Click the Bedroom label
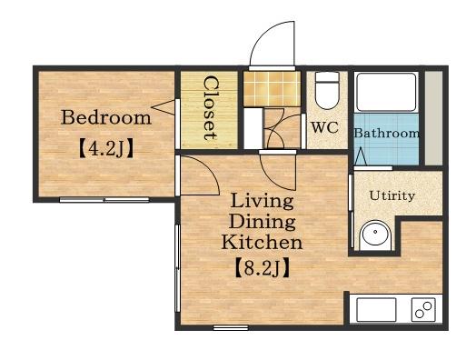click(x=106, y=117)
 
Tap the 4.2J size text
click(x=106, y=148)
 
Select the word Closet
click(x=211, y=107)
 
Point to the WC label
click(x=324, y=127)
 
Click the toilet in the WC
click(x=327, y=90)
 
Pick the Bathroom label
click(x=387, y=133)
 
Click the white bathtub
click(x=386, y=92)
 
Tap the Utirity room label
click(x=392, y=196)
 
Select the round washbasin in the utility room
click(x=375, y=234)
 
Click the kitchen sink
click(x=376, y=310)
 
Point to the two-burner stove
click(x=423, y=310)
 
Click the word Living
click(x=262, y=201)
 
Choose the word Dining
click(x=262, y=222)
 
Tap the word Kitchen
click(x=262, y=242)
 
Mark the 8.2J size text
click(x=262, y=268)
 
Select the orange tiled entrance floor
click(x=272, y=89)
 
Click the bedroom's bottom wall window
click(x=104, y=200)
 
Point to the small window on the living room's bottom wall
click(x=231, y=327)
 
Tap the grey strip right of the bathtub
click(x=433, y=118)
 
